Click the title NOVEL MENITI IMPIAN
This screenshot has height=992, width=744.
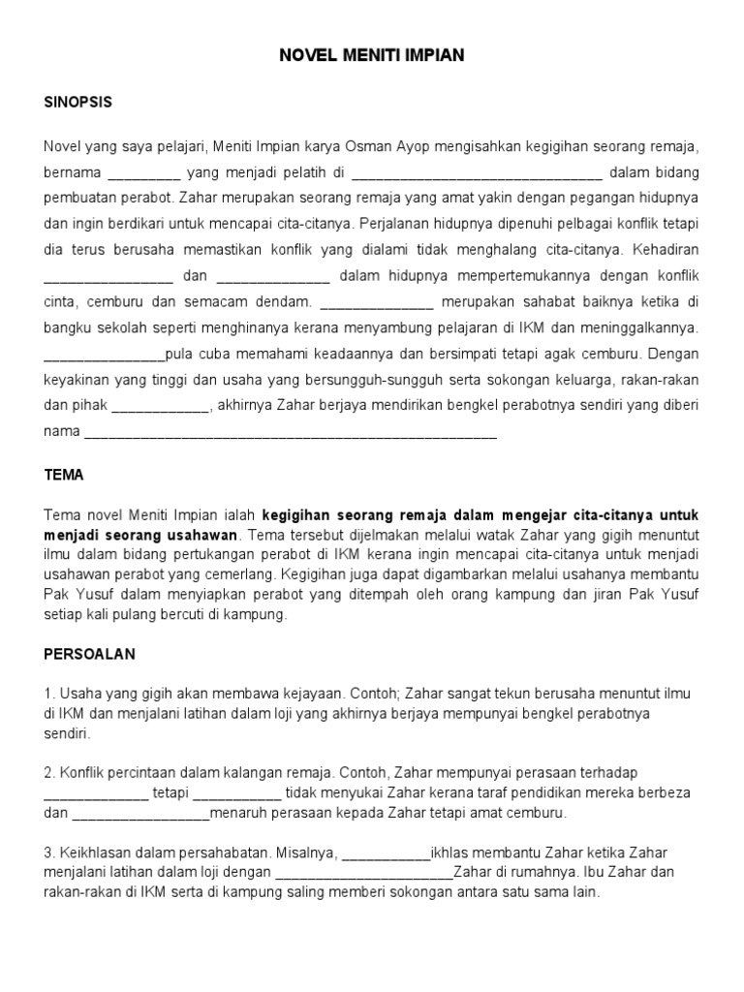click(x=372, y=56)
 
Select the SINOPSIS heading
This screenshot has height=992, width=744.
click(x=77, y=102)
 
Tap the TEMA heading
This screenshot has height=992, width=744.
click(x=64, y=476)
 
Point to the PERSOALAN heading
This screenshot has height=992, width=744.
click(x=89, y=654)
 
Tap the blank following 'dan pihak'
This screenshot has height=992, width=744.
click(x=160, y=405)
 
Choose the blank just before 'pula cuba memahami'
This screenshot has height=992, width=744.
click(x=105, y=354)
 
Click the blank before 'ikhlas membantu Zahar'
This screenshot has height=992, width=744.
click(x=386, y=852)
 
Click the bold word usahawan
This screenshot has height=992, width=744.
click(x=205, y=535)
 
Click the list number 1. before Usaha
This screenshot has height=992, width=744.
click(x=49, y=694)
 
